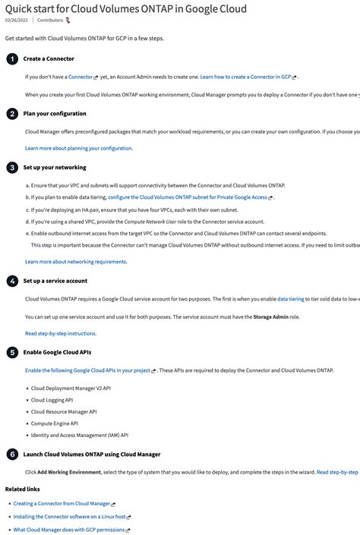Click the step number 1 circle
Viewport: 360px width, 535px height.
coord(12,58)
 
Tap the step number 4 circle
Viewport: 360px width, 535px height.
coord(12,281)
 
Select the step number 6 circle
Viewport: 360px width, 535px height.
coord(12,455)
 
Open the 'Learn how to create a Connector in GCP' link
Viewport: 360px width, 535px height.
coord(245,77)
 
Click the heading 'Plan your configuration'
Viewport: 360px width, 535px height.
coord(55,114)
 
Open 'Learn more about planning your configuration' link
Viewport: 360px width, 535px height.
coord(78,148)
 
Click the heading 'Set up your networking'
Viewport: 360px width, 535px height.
coord(55,167)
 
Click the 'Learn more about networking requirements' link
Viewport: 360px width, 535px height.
coord(76,262)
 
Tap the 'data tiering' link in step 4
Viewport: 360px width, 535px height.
coord(290,299)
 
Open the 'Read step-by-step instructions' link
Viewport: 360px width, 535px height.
coord(61,333)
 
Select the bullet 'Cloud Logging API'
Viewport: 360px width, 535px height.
coord(52,400)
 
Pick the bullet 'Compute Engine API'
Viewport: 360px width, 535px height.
coord(54,423)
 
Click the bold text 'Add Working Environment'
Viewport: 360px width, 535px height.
coord(69,472)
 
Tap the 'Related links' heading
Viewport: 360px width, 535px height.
coord(22,489)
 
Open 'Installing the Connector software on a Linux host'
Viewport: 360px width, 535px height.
coord(69,517)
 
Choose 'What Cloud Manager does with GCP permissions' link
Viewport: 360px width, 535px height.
coord(69,530)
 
